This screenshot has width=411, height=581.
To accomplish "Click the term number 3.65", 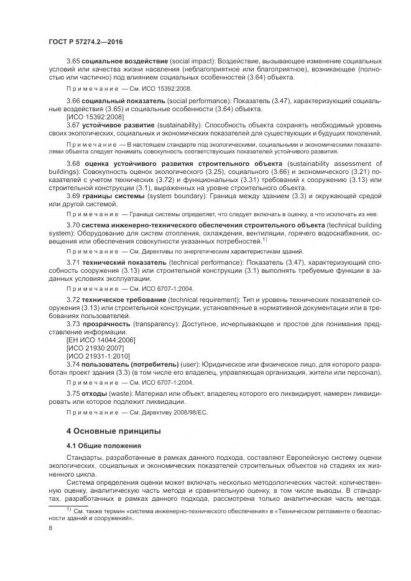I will pyautogui.click(x=73, y=62).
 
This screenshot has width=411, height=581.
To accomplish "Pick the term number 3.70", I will pyautogui.click(x=73, y=224).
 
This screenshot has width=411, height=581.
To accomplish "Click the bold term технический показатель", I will pyautogui.click(x=121, y=263).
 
